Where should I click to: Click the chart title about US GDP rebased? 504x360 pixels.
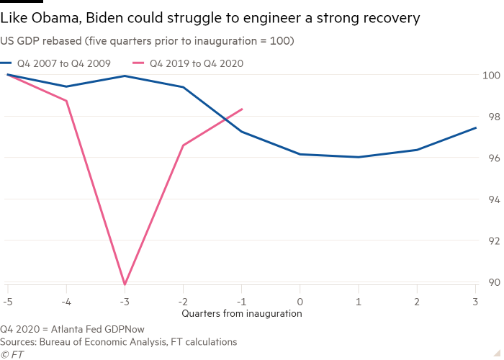pos(147,41)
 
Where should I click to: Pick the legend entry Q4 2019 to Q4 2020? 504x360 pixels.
pos(196,63)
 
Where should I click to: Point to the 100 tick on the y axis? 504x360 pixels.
pos(490,75)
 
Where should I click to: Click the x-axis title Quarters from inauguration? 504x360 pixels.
pos(242,313)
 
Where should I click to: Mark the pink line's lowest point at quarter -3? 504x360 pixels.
pos(125,284)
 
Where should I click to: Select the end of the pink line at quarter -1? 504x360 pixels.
pos(243,109)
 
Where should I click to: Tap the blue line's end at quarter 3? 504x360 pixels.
pos(476,127)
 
